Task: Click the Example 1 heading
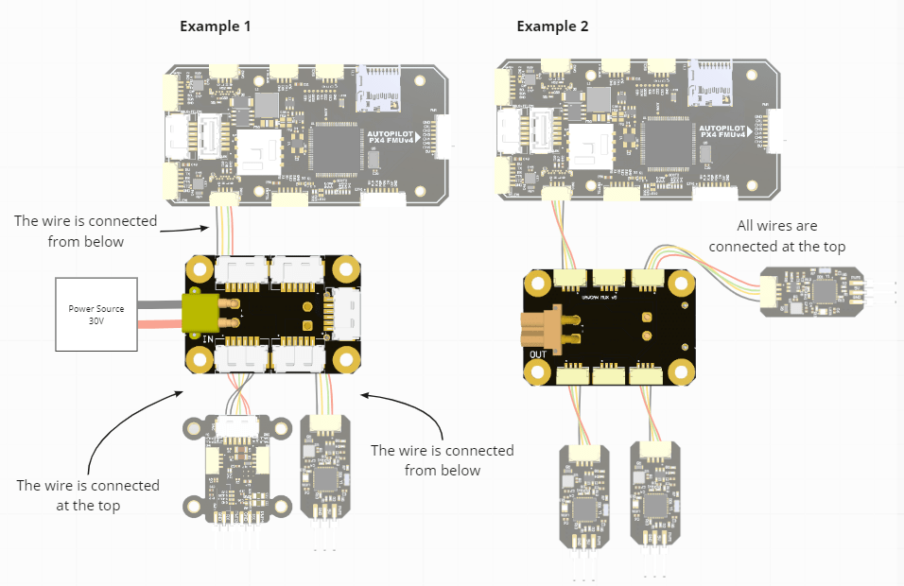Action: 216,26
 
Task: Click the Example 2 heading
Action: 552,26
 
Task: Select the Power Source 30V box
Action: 96,315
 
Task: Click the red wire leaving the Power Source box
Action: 161,325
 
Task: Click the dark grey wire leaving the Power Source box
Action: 161,304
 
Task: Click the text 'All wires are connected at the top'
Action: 776,236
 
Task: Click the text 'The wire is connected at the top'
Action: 88,494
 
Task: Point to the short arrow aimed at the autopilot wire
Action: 185,228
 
